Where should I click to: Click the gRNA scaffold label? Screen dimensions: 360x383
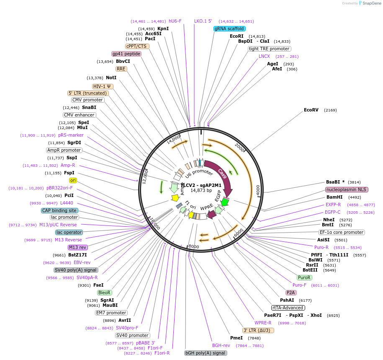[229, 28]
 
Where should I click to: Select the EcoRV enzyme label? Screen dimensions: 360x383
[311, 110]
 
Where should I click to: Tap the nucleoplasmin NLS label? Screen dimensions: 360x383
[347, 189]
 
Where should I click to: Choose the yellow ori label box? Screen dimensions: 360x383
[73, 180]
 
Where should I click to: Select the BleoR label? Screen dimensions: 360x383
[104, 293]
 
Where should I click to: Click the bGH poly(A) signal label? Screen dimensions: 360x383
[206, 353]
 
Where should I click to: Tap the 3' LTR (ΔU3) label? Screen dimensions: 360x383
[258, 330]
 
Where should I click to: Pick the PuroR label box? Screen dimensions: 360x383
[304, 277]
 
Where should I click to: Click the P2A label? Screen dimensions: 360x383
[291, 293]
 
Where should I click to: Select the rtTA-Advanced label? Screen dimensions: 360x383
[288, 308]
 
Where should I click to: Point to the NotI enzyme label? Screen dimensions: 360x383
[111, 78]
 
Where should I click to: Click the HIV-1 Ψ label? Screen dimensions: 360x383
[103, 86]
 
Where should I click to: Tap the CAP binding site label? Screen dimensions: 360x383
[59, 210]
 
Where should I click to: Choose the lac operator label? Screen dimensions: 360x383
[69, 232]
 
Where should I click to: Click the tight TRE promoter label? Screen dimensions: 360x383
[269, 49]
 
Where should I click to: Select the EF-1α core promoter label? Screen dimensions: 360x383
[342, 232]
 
